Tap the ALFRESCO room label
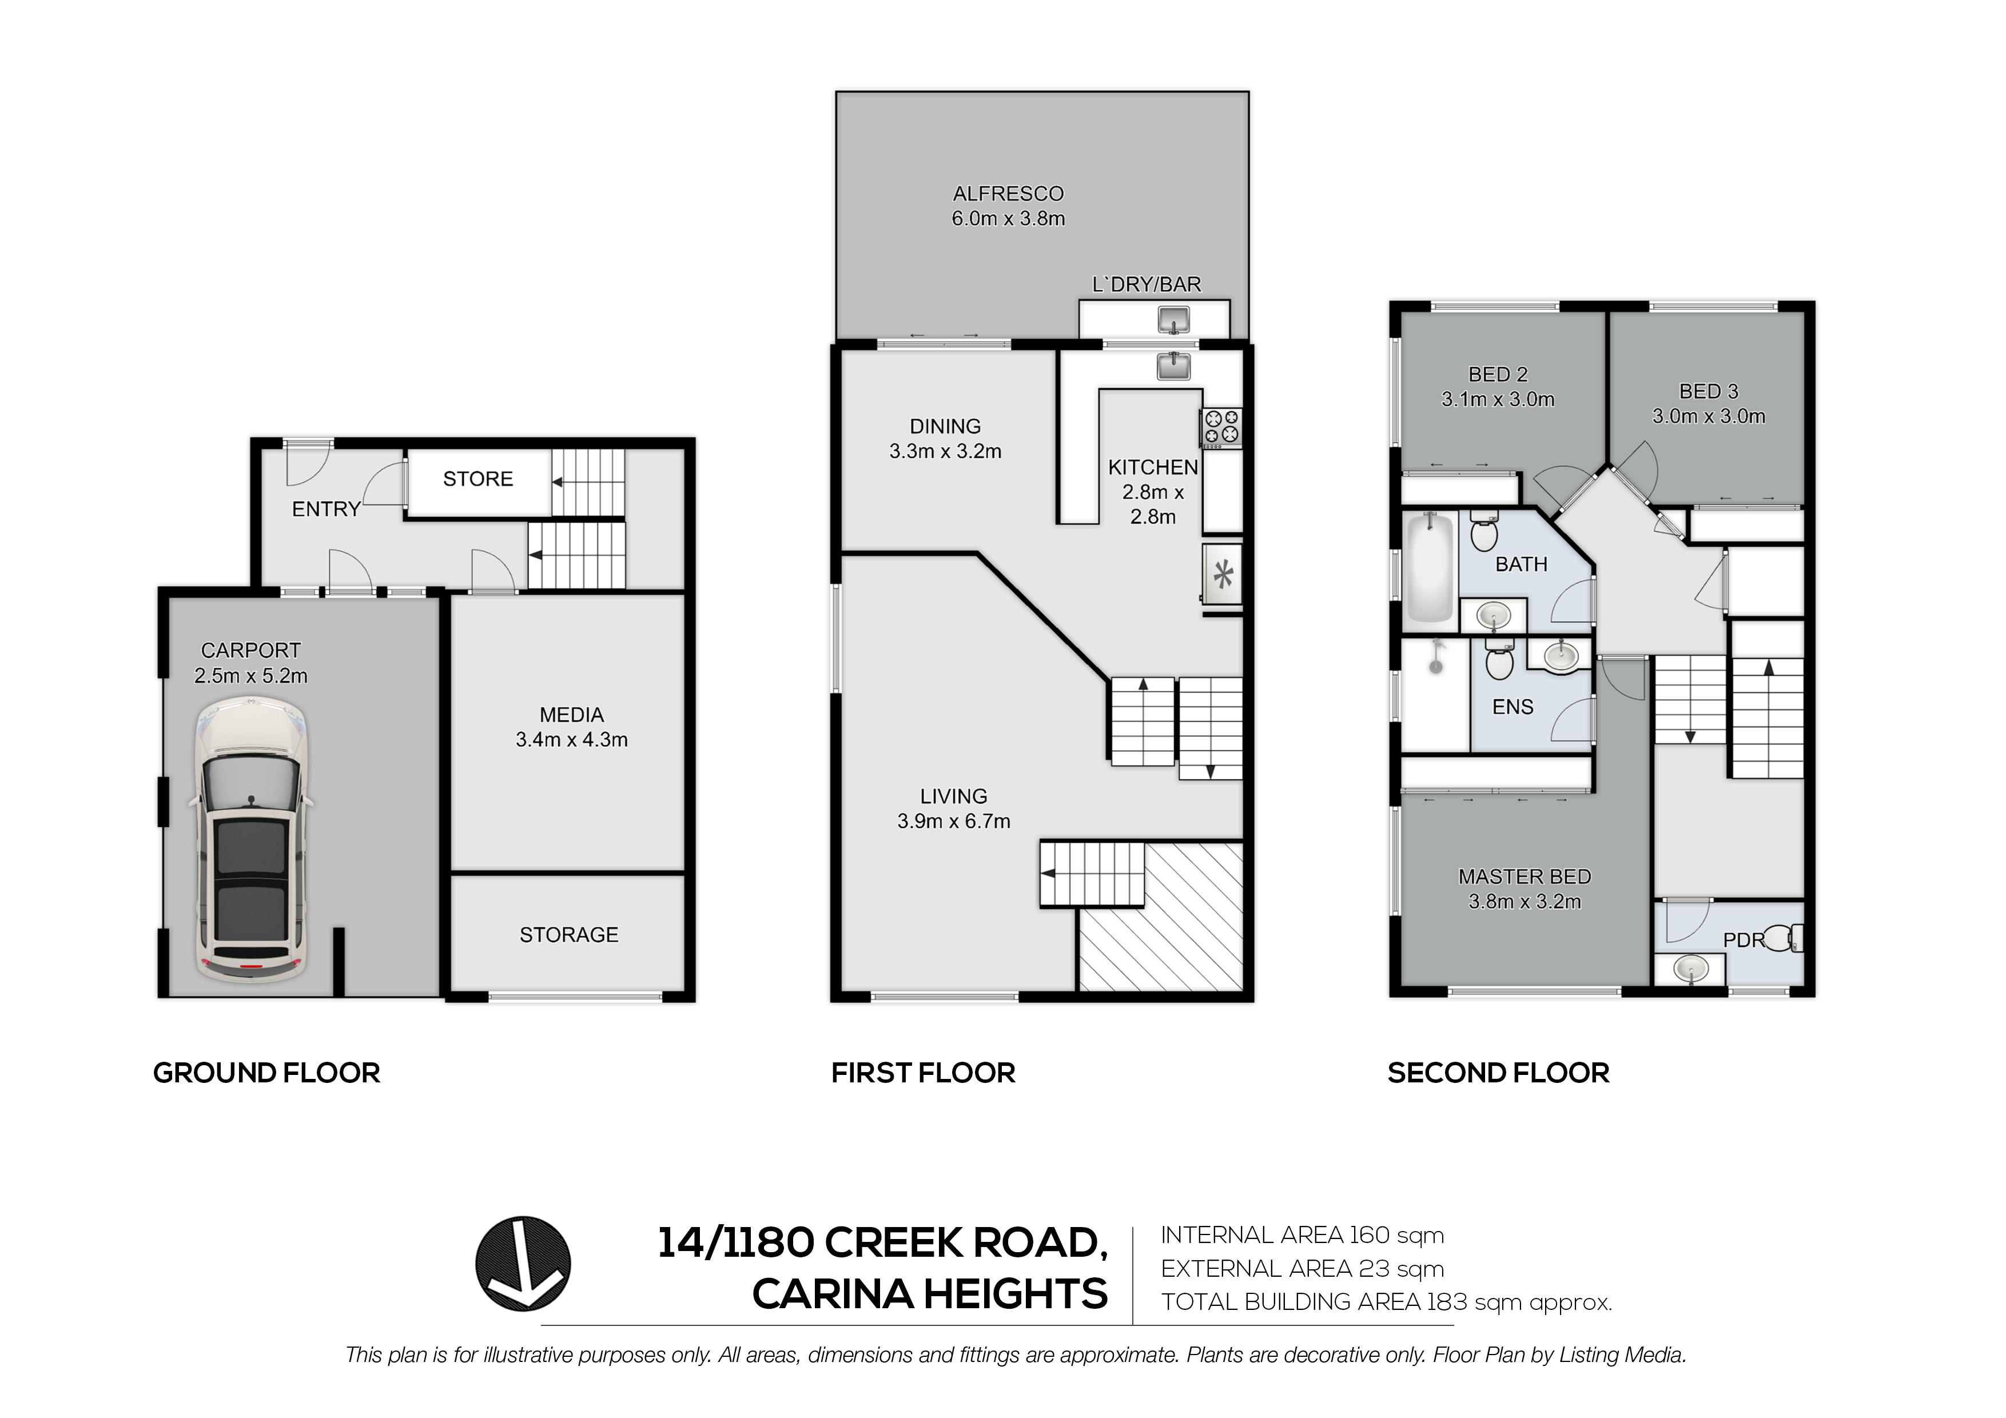[1008, 194]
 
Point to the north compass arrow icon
[523, 1264]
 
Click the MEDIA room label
[571, 715]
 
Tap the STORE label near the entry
[478, 479]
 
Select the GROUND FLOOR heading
[266, 1073]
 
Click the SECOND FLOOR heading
[1498, 1073]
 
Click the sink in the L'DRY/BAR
[1173, 320]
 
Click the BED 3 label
[1708, 392]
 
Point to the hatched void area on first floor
[1160, 917]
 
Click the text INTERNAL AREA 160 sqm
[1302, 1236]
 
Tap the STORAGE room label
[569, 935]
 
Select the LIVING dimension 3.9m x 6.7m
[953, 821]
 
